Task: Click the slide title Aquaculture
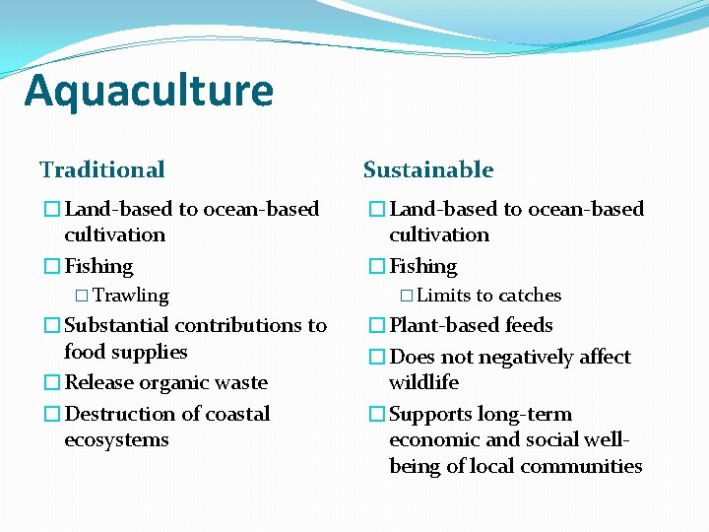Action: (x=149, y=91)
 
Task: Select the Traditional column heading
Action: (x=102, y=169)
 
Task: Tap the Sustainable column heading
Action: (x=428, y=169)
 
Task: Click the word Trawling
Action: (x=131, y=296)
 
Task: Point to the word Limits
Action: (x=445, y=296)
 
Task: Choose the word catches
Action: (x=529, y=296)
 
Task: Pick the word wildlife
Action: (x=423, y=382)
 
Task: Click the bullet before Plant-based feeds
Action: (x=376, y=326)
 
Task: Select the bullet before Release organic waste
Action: (x=51, y=382)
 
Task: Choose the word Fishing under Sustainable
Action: (x=423, y=267)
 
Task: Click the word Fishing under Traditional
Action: (x=98, y=267)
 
